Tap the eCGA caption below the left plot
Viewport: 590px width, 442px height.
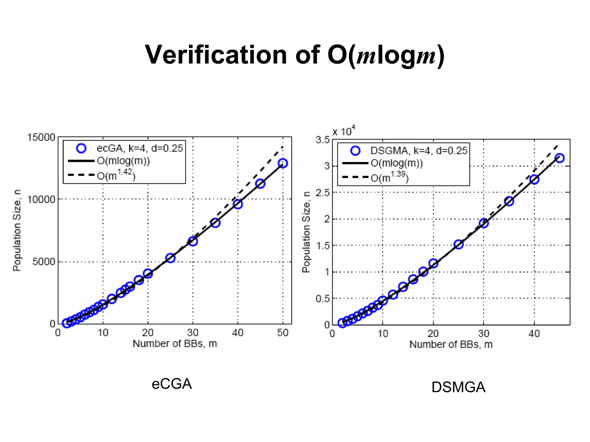(x=172, y=384)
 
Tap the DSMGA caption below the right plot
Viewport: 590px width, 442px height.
(x=458, y=387)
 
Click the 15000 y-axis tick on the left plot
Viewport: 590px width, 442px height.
(x=41, y=137)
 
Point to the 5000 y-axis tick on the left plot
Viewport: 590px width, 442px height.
(x=44, y=262)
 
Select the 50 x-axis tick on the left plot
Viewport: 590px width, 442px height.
(x=283, y=333)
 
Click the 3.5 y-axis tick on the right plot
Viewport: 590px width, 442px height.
(x=322, y=140)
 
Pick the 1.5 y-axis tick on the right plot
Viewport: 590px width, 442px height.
(x=322, y=245)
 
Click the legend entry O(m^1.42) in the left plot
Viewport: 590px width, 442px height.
(x=116, y=175)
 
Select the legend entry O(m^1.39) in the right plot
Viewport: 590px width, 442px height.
(x=389, y=177)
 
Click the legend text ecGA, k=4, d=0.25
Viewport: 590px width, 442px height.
(x=140, y=148)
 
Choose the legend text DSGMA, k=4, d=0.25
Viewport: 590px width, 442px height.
(x=419, y=150)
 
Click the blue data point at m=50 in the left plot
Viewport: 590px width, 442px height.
(x=283, y=163)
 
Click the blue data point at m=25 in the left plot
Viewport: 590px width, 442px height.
(x=171, y=258)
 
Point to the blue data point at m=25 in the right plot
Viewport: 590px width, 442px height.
(x=459, y=244)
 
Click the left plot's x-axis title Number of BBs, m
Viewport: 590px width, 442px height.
(x=175, y=343)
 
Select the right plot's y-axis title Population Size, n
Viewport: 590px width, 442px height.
(x=306, y=232)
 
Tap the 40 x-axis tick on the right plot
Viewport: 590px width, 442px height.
(x=534, y=333)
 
